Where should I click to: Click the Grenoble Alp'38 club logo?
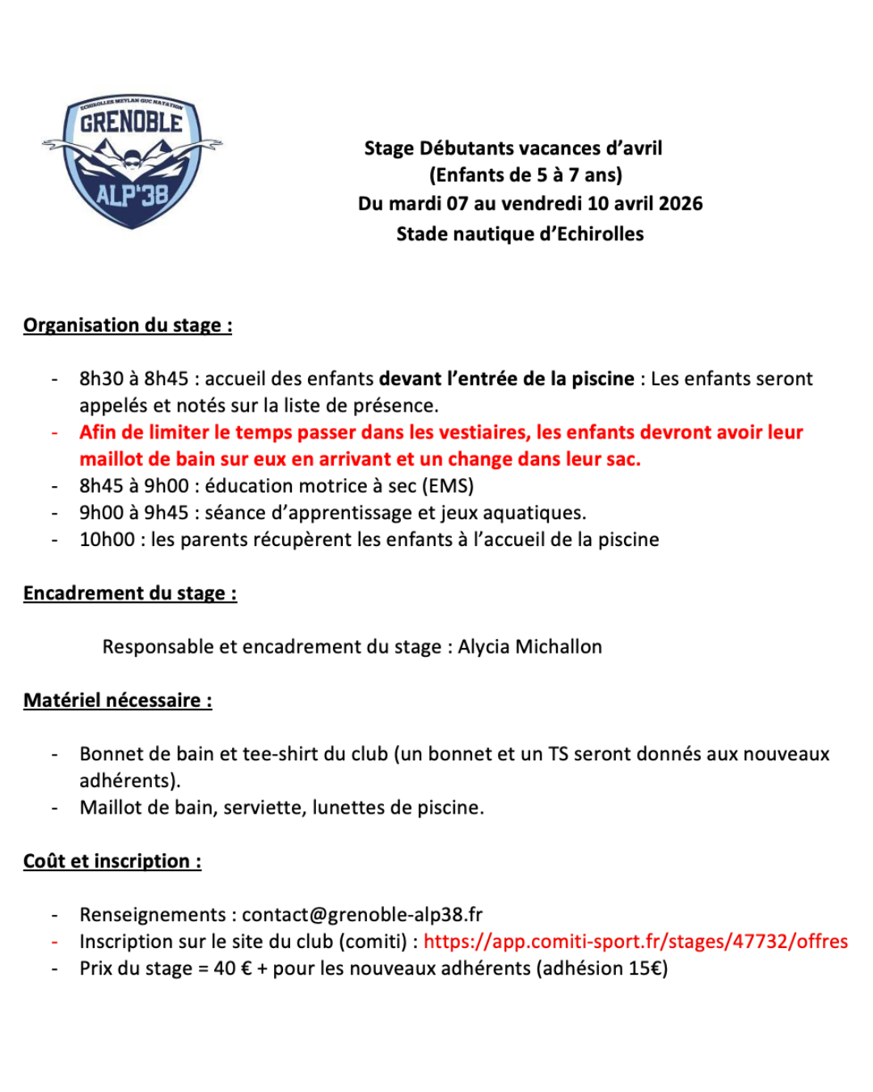point(132,160)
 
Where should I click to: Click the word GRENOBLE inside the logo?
point(131,123)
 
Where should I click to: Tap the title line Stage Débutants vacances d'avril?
point(512,148)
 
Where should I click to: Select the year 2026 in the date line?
point(681,203)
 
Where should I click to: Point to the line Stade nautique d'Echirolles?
point(520,234)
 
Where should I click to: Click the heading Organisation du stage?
point(127,325)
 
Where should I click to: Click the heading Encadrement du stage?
point(129,593)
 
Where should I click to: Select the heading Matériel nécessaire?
point(117,700)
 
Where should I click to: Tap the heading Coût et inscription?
point(112,861)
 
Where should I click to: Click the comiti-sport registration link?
point(635,942)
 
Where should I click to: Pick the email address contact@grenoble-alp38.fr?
point(362,915)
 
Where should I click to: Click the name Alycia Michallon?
point(529,647)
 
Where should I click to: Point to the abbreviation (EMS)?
point(448,486)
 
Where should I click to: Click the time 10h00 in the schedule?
point(107,540)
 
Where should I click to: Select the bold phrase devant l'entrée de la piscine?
point(506,379)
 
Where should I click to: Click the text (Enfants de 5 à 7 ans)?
point(525,176)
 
